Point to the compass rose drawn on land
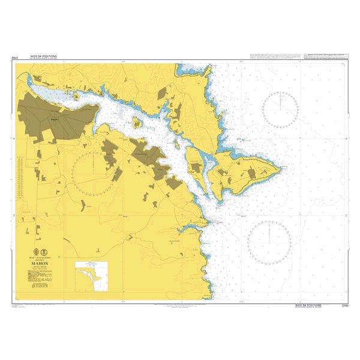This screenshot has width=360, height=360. point(92,172)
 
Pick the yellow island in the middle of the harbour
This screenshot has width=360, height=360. point(137,124)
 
